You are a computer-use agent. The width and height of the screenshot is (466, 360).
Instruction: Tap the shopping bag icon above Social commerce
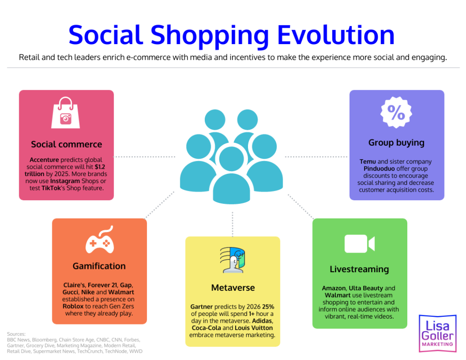pos(66,113)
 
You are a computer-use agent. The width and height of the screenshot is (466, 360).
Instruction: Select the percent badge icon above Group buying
pos(396,113)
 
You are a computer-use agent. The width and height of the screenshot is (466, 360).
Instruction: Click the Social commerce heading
pos(66,144)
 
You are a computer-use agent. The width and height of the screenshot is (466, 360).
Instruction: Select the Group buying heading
pos(396,142)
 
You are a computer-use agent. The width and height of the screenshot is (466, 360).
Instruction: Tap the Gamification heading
pos(99,266)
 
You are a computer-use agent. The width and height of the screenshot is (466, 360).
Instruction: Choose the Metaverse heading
pos(233,287)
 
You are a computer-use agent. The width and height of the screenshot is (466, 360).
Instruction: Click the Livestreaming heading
pos(360,269)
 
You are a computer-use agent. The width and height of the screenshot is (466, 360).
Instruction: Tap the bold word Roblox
pos(73,306)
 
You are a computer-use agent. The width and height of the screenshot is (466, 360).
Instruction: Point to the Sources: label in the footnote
pos(16,334)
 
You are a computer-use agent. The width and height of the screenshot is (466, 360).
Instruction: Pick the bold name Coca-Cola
pos(206,328)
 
